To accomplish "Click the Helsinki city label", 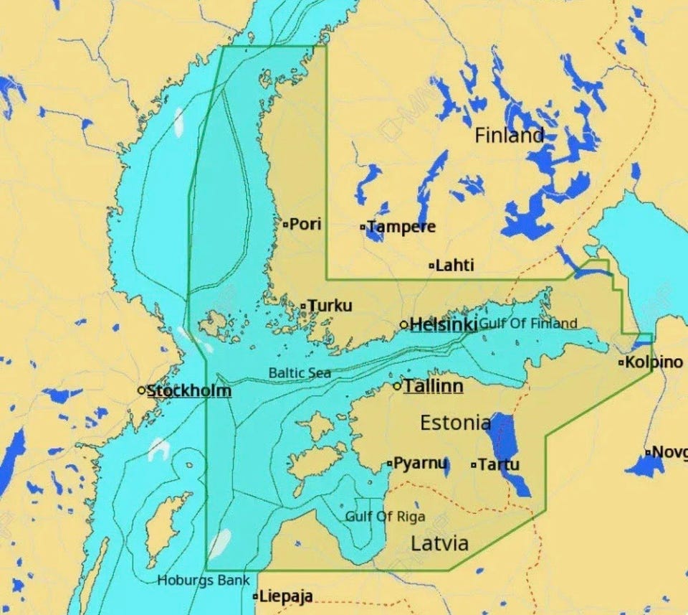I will pos(443,324).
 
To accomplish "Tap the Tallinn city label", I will pos(433,386).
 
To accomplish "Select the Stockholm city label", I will pos(189,390).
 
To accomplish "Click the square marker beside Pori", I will pos(285,225).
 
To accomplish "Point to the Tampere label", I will pos(401,227).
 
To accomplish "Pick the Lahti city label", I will pos(454,266).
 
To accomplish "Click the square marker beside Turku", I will pos(303,306).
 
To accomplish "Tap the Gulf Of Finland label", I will pos(528,324).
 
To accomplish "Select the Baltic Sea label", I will pos(300,372).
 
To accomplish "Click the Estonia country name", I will pos(455,422).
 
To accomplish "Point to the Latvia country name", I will pos(439,543).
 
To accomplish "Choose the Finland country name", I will pos(509,135).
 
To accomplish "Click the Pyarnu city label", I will pos(421,463).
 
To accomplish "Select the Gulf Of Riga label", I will pos(385,516).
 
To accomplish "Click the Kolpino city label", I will pos(654,362).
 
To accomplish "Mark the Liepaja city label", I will pos(285,596).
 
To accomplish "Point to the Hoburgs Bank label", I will pos(204,580).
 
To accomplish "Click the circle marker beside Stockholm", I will pos(141,390).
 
